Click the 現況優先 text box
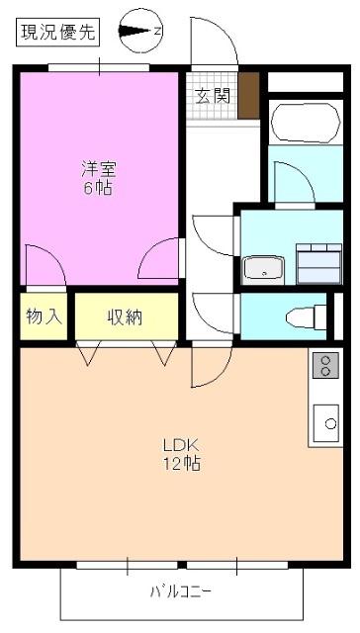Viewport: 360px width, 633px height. pyautogui.click(x=58, y=32)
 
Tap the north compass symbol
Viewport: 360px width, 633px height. pyautogui.click(x=140, y=31)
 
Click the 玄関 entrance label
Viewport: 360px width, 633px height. pyautogui.click(x=213, y=96)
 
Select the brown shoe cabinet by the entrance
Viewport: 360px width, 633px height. pyautogui.click(x=248, y=96)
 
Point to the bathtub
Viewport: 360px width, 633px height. pyautogui.click(x=306, y=123)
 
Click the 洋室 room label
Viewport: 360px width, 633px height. pyautogui.click(x=99, y=169)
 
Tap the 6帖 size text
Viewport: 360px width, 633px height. pyautogui.click(x=99, y=188)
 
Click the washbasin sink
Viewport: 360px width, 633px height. pyautogui.click(x=263, y=268)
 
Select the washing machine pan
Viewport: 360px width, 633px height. pyautogui.click(x=319, y=264)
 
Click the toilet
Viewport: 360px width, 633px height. pyautogui.click(x=307, y=317)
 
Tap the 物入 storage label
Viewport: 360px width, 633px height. pyautogui.click(x=44, y=316)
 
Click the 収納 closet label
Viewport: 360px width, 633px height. pyautogui.click(x=125, y=317)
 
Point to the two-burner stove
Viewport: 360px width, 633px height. pyautogui.click(x=325, y=365)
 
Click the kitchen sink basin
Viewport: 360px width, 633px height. pyautogui.click(x=326, y=423)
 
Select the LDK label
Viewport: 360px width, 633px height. pyautogui.click(x=180, y=446)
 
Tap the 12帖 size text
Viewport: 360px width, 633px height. pyautogui.click(x=181, y=464)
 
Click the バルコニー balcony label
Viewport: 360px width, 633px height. pyautogui.click(x=180, y=592)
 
